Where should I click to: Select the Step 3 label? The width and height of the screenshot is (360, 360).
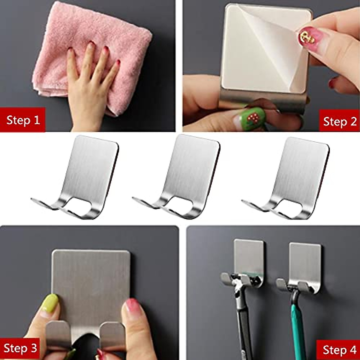click(20, 348)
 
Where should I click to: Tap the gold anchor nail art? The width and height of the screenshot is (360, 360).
click(306, 36)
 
